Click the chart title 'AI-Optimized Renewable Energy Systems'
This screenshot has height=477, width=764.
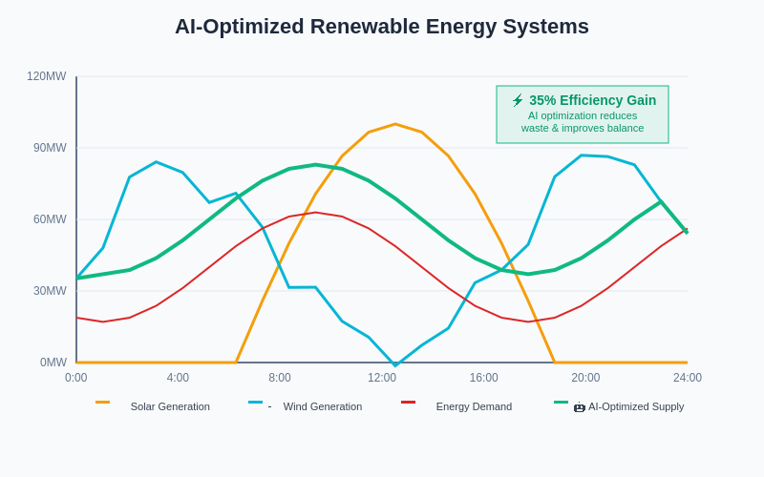[x=382, y=27]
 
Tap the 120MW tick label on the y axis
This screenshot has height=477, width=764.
[x=47, y=76]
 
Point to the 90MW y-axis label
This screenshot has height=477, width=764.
[x=50, y=148]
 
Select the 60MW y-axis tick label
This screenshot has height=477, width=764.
[x=50, y=219]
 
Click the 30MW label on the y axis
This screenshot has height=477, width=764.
[x=50, y=291]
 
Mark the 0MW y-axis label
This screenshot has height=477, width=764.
[x=53, y=363]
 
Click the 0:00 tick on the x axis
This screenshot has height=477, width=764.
[x=76, y=378]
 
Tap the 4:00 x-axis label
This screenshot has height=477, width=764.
[x=178, y=378]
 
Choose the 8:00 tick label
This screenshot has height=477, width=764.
[x=280, y=378]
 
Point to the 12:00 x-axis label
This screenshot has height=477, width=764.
[x=382, y=378]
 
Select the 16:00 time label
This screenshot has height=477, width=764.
[x=483, y=378]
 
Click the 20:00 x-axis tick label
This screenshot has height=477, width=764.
[x=585, y=378]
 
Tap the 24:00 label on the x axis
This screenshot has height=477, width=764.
[x=688, y=378]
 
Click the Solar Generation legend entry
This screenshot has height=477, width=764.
[x=170, y=406]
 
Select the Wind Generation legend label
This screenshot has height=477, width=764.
[x=323, y=406]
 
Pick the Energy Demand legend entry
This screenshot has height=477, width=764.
[x=474, y=406]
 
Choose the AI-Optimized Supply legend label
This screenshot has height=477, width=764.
[x=635, y=406]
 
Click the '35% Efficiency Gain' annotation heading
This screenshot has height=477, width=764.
[x=592, y=100]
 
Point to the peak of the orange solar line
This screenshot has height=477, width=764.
[x=394, y=124]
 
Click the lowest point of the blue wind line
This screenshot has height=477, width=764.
[x=395, y=365]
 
